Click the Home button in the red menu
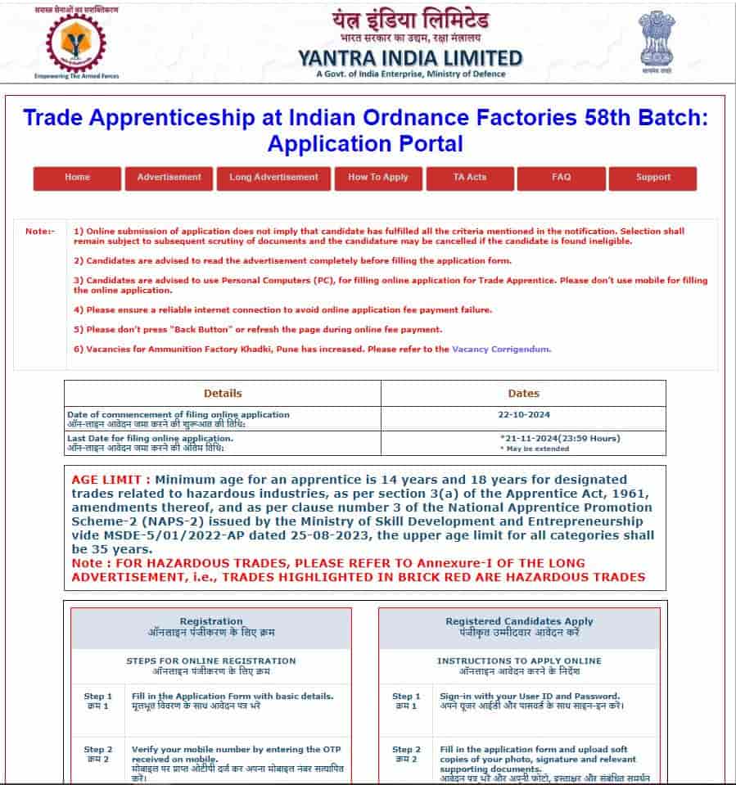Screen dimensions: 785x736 pyautogui.click(x=77, y=178)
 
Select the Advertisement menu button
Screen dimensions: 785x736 pyautogui.click(x=169, y=178)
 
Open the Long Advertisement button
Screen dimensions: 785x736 pyautogui.click(x=273, y=178)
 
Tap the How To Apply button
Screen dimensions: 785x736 pyautogui.click(x=377, y=178)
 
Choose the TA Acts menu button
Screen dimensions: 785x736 pyautogui.click(x=470, y=178)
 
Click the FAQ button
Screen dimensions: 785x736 pyautogui.click(x=562, y=178)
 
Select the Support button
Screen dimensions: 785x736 pyautogui.click(x=652, y=178)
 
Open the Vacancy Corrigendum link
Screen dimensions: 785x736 pyautogui.click(x=501, y=349)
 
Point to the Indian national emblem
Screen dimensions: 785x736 pyautogui.click(x=657, y=38)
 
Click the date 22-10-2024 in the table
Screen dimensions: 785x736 pyautogui.click(x=524, y=415)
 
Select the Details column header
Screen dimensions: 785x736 pyautogui.click(x=223, y=393)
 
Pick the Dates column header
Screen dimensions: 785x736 pyautogui.click(x=524, y=393)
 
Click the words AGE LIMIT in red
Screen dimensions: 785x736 pyautogui.click(x=110, y=479)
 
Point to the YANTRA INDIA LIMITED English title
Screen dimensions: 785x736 pyautogui.click(x=410, y=58)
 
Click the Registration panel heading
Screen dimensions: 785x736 pyautogui.click(x=211, y=621)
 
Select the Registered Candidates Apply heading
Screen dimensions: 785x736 pyautogui.click(x=519, y=621)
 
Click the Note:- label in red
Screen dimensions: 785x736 pyautogui.click(x=39, y=232)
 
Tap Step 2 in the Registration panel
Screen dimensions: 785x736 pyautogui.click(x=98, y=749)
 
